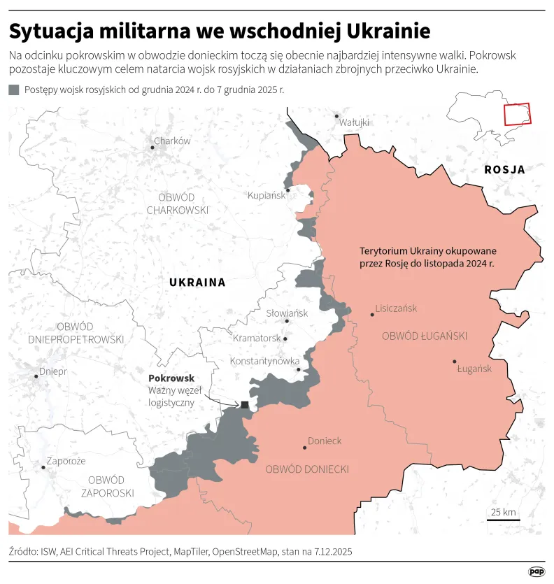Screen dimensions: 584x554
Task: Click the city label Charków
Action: (x=172, y=141)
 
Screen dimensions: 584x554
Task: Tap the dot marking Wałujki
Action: (x=336, y=116)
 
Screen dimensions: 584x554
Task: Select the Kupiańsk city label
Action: (x=267, y=195)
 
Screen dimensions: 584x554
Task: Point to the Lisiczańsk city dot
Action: (x=372, y=315)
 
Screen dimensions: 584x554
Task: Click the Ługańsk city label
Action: (x=474, y=369)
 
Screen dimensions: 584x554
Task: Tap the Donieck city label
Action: (x=325, y=441)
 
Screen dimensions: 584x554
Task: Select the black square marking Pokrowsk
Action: (x=244, y=405)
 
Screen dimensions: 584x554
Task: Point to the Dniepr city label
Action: (x=53, y=371)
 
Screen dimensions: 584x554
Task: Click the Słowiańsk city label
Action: (x=287, y=313)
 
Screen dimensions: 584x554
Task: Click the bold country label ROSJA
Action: (x=504, y=169)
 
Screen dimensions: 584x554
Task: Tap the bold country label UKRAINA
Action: (x=197, y=283)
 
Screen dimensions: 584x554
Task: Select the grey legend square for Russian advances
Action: (x=14, y=90)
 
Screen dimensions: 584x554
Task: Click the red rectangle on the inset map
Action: (x=518, y=114)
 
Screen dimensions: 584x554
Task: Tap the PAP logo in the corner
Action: (x=537, y=571)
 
